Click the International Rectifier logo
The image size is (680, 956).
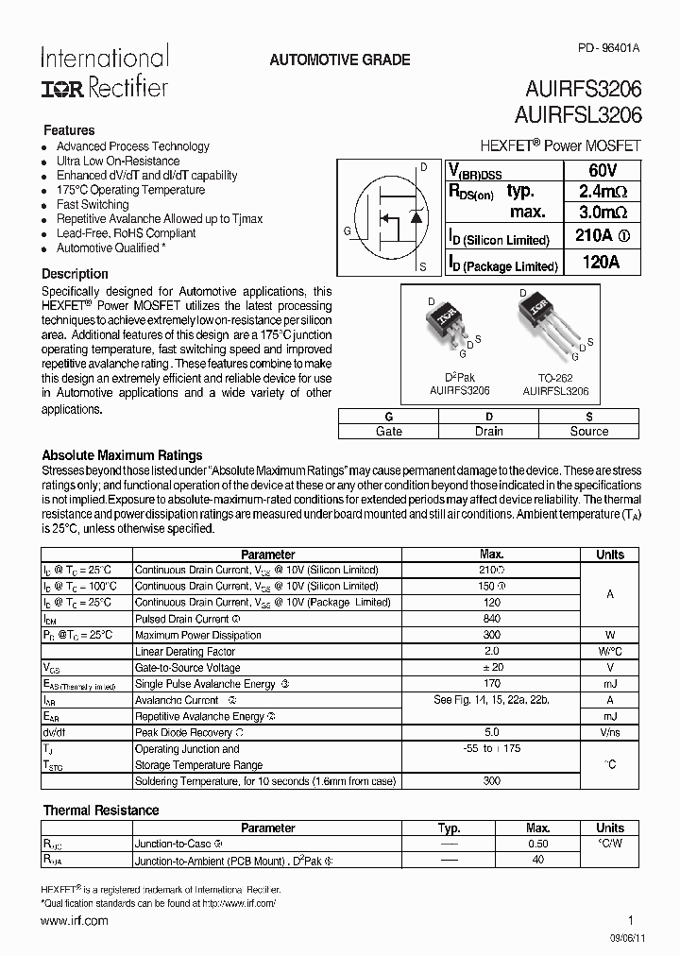(x=104, y=72)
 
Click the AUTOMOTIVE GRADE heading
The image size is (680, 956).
(x=340, y=60)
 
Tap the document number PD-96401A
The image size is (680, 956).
(x=609, y=46)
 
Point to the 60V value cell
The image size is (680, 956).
(x=601, y=170)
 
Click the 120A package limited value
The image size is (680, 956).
(x=601, y=264)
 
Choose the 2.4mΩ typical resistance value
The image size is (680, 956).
(x=601, y=191)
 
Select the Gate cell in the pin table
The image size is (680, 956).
(x=388, y=431)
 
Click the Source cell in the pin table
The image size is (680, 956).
(x=588, y=431)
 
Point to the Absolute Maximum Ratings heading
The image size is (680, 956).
(x=123, y=455)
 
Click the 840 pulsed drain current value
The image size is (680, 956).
(x=491, y=619)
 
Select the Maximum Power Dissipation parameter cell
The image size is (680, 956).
(x=197, y=635)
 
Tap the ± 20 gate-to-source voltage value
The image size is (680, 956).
(x=491, y=668)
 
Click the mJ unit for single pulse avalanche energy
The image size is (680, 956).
(x=610, y=684)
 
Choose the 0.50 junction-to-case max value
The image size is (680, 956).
(x=537, y=844)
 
